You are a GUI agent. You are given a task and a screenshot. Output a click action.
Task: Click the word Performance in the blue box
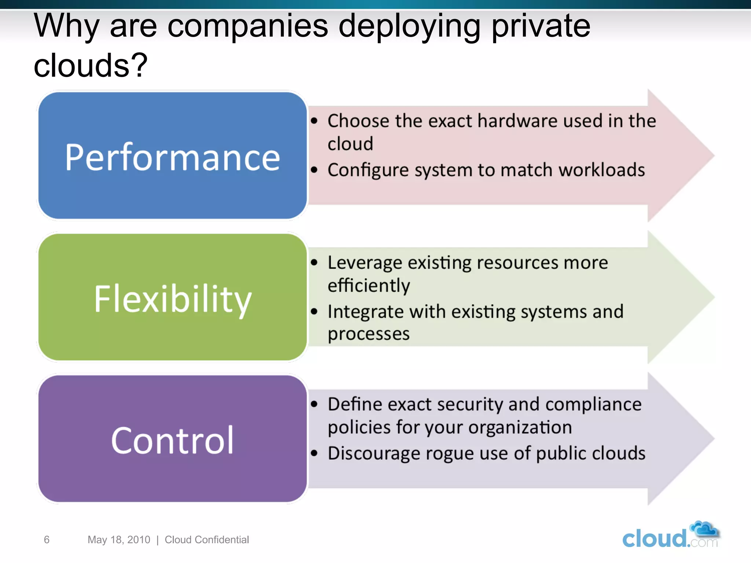[172, 158]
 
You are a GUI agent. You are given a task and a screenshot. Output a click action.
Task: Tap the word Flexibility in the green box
[172, 299]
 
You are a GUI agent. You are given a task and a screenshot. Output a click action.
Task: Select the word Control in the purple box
[172, 441]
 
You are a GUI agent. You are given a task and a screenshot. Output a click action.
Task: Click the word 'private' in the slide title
[541, 26]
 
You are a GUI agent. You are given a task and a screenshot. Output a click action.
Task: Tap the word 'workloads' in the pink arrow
[601, 170]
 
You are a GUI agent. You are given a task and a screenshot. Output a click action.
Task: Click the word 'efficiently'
[369, 286]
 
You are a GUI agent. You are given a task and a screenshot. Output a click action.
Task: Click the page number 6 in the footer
[47, 540]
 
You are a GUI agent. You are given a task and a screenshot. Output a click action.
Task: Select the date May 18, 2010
[119, 540]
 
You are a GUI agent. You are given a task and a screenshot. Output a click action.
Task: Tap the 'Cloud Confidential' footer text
[207, 540]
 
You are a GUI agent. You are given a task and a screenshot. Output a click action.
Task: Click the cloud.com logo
[670, 536]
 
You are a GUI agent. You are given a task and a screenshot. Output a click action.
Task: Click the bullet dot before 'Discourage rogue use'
[314, 453]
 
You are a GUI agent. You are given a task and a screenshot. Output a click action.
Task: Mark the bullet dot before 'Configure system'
[314, 170]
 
